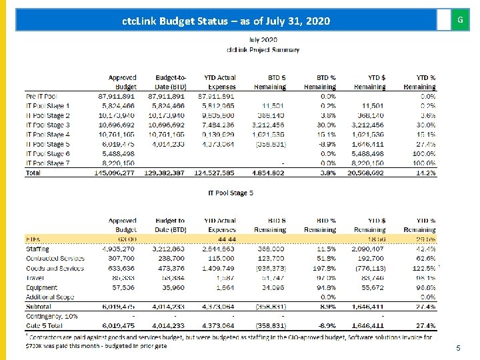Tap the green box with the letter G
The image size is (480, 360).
459,20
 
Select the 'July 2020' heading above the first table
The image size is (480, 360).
263,40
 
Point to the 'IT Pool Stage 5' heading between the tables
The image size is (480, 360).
231,193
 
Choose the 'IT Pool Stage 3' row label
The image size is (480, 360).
48,125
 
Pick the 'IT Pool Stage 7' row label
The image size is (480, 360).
48,163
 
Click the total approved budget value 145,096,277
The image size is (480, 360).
115,173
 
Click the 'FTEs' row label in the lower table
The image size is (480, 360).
33,239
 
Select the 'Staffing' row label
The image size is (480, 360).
37,249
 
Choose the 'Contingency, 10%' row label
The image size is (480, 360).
52,316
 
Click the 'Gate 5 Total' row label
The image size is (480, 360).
45,326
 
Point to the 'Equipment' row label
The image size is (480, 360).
41,287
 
